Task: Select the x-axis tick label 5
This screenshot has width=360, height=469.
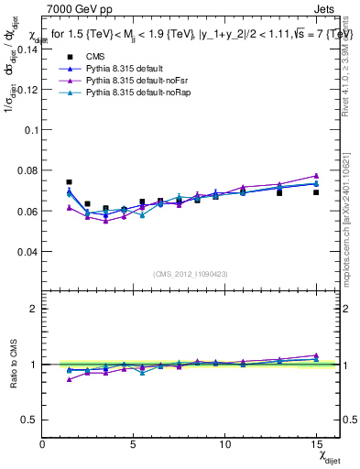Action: [x=136, y=444]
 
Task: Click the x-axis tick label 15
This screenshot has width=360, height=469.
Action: [x=315, y=444]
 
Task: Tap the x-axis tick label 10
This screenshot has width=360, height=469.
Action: [x=225, y=444]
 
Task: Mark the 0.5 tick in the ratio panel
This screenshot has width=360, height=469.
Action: [x=30, y=420]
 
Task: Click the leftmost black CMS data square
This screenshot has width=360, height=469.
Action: [x=70, y=182]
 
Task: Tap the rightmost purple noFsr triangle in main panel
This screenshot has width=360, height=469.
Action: [x=315, y=175]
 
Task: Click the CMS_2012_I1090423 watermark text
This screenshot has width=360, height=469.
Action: [x=191, y=275]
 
